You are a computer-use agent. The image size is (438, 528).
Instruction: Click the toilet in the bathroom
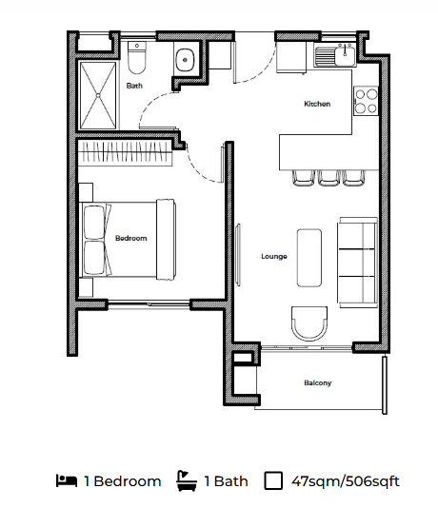(136, 58)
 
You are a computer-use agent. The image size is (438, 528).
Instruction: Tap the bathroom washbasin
(185, 60)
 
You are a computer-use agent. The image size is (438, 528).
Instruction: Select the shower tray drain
(98, 96)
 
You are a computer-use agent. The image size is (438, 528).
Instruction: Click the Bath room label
(134, 86)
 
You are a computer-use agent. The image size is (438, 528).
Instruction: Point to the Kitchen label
(317, 104)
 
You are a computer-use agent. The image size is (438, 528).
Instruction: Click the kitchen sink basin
(345, 55)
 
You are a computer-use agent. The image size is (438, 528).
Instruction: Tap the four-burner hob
(366, 101)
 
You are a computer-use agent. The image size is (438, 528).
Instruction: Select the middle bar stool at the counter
(328, 178)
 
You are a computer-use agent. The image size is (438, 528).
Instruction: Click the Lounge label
(274, 257)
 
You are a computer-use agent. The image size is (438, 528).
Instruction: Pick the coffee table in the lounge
(309, 258)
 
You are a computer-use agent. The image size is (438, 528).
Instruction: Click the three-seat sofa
(357, 263)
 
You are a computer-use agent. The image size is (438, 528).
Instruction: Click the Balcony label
(318, 382)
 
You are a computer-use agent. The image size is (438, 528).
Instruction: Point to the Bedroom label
(131, 239)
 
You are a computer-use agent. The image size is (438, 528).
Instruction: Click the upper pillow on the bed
(94, 223)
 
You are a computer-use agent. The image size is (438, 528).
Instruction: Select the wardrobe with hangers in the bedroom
(126, 153)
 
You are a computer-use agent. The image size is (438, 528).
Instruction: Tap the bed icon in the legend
(67, 480)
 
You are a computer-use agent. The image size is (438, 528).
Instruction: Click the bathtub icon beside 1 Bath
(187, 480)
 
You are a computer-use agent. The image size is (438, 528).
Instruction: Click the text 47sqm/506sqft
(346, 481)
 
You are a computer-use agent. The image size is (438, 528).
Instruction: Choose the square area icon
(273, 480)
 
